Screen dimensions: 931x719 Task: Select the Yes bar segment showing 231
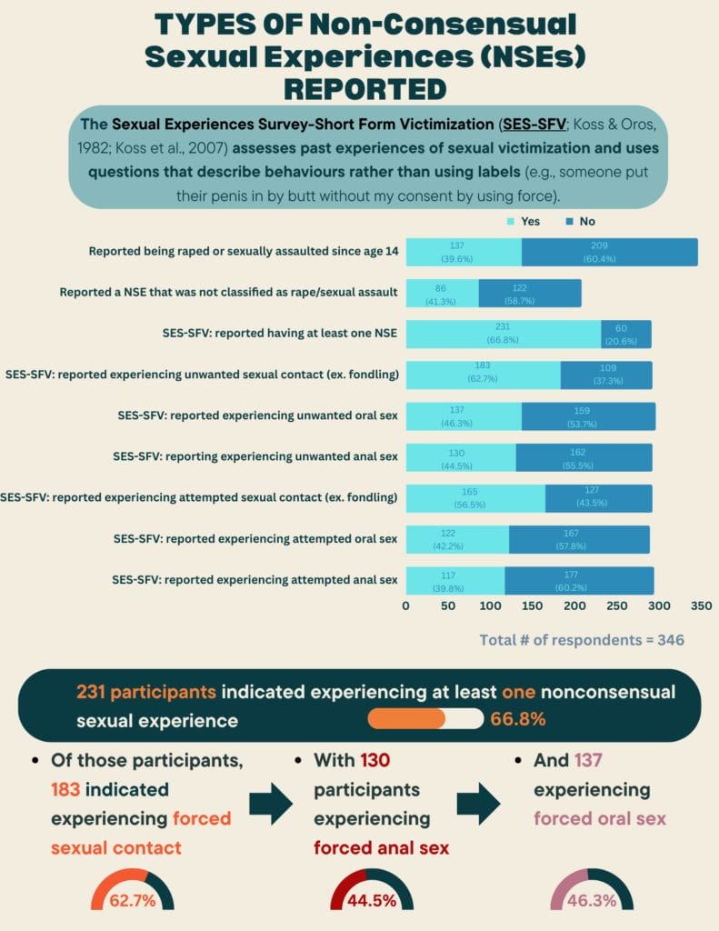coord(503,334)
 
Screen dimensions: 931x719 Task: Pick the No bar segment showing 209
coord(609,252)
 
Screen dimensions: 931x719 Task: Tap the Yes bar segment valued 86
coord(442,293)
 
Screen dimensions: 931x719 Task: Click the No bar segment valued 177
coord(579,580)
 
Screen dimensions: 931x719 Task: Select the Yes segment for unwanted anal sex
coord(461,457)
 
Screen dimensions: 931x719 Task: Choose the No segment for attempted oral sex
coord(579,539)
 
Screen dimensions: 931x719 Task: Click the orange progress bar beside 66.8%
coord(406,718)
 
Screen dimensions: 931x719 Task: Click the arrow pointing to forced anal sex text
coord(271,803)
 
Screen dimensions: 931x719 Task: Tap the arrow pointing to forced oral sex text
coord(478,803)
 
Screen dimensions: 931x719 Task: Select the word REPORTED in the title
coord(364,88)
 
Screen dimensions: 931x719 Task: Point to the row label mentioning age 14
coord(244,252)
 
